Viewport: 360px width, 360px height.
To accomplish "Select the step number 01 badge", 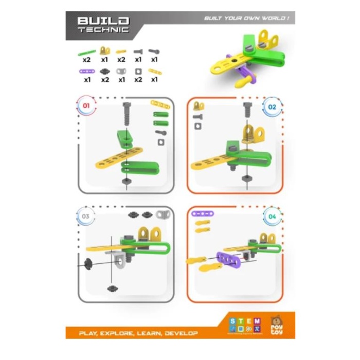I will [86, 106].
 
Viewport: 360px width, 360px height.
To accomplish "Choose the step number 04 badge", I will [272, 217].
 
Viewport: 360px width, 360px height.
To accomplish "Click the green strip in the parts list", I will [86, 51].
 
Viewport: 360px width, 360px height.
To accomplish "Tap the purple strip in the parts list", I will [86, 71].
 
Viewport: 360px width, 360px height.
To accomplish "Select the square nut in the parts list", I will [138, 71].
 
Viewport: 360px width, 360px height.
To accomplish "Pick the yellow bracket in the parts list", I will [105, 50].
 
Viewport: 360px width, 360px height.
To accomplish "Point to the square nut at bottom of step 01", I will [127, 182].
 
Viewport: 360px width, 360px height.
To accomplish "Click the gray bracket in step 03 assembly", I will [119, 260].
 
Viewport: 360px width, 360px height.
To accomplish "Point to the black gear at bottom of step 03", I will [111, 289].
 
